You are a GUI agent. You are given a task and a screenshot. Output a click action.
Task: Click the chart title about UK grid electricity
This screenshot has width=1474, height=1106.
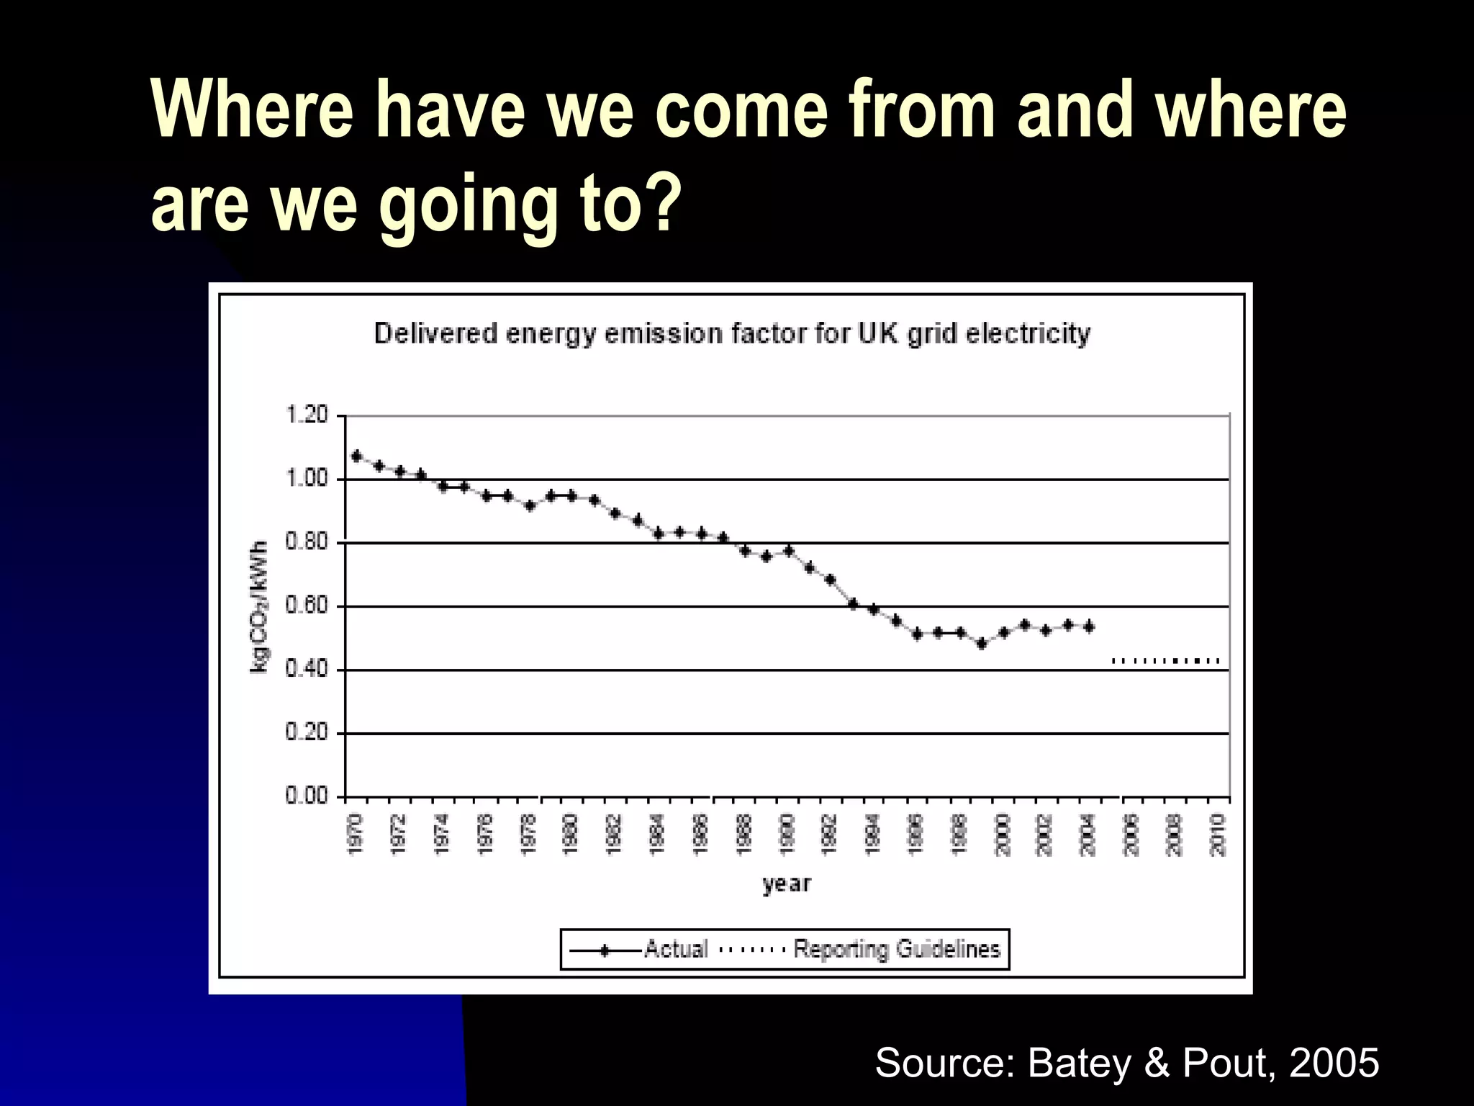(732, 334)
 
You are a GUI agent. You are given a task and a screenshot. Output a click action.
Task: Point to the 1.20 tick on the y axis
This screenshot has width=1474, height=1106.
(307, 415)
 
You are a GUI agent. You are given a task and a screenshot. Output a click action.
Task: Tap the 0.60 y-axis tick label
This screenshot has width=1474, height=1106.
(307, 606)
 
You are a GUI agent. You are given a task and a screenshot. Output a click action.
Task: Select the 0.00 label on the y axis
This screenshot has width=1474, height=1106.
(307, 796)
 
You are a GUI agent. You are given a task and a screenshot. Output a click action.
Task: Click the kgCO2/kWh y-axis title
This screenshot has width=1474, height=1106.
(260, 606)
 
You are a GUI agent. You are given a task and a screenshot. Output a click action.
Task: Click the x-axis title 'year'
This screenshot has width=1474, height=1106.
(787, 884)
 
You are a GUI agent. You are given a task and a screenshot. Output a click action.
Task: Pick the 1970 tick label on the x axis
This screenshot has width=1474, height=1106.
(356, 835)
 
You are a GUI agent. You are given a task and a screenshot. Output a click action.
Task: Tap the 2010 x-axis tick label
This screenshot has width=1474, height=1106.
(1218, 835)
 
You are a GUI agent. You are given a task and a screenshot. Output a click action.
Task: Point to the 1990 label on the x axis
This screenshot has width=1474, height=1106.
(787, 835)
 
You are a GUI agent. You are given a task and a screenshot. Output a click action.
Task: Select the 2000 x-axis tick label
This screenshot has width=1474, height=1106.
(1003, 835)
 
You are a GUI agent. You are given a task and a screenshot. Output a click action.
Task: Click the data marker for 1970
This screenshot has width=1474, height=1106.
(356, 456)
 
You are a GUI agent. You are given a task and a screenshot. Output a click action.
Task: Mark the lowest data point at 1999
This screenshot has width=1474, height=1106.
(981, 644)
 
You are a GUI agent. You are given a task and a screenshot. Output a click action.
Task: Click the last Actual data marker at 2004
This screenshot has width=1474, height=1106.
(1089, 627)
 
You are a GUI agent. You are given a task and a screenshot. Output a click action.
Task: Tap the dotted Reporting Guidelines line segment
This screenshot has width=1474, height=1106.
(1166, 660)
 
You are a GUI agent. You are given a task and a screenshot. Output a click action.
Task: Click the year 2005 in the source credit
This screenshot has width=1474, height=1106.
(1334, 1062)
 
